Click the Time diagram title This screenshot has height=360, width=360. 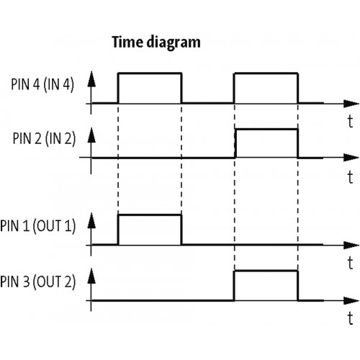tap(156, 42)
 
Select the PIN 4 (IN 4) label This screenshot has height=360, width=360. tap(42, 84)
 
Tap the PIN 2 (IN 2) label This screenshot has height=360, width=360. tap(44, 138)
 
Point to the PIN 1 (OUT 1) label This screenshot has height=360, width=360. tap(38, 226)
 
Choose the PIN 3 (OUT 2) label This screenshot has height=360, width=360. tap(38, 282)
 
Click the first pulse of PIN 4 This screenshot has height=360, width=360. tap(150, 73)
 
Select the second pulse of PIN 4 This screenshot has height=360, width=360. tap(266, 73)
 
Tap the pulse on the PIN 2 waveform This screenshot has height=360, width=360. tap(266, 130)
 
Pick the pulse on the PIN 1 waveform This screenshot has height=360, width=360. tap(150, 215)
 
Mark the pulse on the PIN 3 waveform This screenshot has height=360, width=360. tap(266, 271)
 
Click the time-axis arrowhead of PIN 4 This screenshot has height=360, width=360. tap(351, 104)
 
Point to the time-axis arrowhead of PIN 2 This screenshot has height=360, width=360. tap(351, 158)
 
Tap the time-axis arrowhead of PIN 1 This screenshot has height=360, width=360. tap(351, 245)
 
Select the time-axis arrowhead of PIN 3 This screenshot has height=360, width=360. tap(351, 300)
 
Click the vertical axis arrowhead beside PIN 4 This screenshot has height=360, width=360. tap(91, 79)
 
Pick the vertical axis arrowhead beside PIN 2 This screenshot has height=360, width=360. tap(91, 135)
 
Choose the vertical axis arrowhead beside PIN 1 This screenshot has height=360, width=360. tap(91, 220)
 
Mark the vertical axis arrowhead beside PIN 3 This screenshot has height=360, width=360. tap(91, 276)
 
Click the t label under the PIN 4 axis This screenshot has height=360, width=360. tap(351, 121)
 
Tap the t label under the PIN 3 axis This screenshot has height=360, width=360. tap(351, 318)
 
